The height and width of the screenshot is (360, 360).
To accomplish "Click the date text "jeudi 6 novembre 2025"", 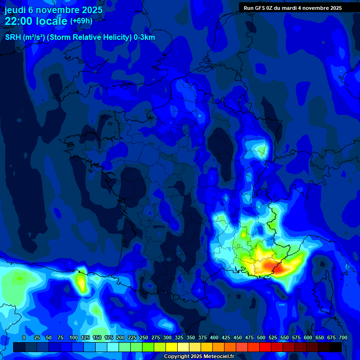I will click(x=53, y=10).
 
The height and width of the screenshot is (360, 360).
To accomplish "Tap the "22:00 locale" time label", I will click(x=36, y=21).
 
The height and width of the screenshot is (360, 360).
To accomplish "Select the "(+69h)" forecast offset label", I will click(x=81, y=21).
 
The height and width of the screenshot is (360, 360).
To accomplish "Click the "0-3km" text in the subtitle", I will click(x=144, y=37).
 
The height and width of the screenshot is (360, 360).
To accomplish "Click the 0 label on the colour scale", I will click(x=24, y=337).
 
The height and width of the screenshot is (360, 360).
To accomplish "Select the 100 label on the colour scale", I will click(x=73, y=337).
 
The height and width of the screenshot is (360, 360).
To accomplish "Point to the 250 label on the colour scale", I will click(x=144, y=337).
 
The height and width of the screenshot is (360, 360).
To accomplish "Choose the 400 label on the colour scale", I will click(x=214, y=337).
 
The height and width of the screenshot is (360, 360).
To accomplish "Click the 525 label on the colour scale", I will click(x=273, y=337).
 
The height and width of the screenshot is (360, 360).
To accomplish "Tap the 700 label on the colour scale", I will click(x=343, y=337).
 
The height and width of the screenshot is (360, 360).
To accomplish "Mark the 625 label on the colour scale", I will click(x=320, y=337).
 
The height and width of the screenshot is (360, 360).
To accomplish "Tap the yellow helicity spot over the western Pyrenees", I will click(x=82, y=283).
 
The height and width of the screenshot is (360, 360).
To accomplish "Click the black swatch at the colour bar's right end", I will click(x=336, y=347).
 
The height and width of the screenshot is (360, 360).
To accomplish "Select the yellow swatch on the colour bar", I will click(x=172, y=347).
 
